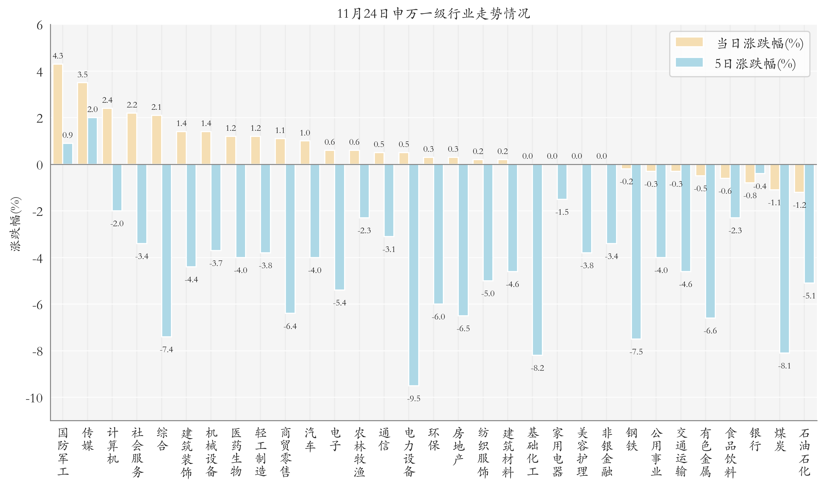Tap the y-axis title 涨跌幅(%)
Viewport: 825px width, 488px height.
click(16, 224)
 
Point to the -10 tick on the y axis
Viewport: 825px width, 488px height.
click(34, 398)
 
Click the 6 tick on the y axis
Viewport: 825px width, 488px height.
click(40, 25)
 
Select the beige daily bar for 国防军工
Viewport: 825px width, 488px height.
click(58, 114)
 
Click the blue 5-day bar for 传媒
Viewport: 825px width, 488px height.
click(92, 141)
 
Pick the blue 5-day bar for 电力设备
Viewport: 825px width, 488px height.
click(414, 275)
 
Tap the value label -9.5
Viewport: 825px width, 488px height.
click(414, 399)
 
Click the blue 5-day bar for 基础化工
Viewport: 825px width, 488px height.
click(537, 260)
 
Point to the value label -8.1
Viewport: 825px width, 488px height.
click(784, 366)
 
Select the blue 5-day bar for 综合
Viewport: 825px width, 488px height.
click(166, 250)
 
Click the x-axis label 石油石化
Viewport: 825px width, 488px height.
click(804, 452)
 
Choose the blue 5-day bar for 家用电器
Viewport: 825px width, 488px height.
click(562, 182)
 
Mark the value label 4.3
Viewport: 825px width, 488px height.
click(58, 56)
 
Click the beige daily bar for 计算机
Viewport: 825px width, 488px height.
click(107, 136)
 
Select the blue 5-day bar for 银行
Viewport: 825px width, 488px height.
click(760, 169)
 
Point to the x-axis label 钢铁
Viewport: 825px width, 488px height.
click(631, 439)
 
